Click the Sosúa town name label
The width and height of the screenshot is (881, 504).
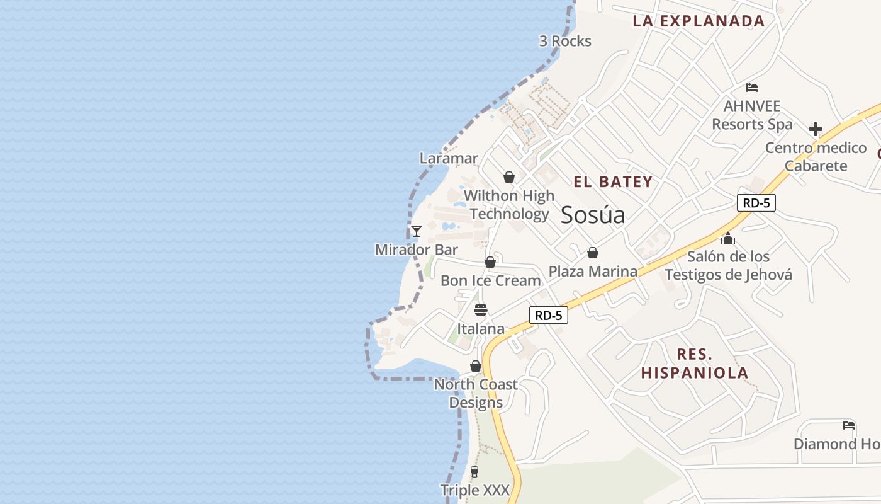[593, 215]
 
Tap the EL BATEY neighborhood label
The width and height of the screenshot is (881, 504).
[613, 182]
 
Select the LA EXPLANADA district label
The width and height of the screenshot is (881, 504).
[699, 21]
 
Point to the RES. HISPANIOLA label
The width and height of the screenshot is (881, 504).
[695, 363]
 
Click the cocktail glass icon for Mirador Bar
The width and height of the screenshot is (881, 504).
[416, 231]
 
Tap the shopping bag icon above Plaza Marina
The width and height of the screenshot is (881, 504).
[592, 253]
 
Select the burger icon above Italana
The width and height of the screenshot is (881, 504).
[481, 310]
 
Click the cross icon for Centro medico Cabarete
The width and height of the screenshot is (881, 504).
[816, 130]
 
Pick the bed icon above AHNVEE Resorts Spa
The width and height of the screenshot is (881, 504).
[752, 88]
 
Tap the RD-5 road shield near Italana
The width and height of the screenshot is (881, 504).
[549, 315]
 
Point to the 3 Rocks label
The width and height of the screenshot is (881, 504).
[565, 42]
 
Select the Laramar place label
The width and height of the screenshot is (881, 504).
[449, 158]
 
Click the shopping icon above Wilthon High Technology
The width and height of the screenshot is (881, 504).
[509, 178]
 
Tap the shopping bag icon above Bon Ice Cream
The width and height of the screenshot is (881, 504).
[490, 262]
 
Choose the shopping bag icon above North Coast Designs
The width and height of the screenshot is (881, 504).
[476, 367]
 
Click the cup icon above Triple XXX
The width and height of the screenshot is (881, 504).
[474, 472]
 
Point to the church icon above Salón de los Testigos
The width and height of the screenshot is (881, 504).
[728, 238]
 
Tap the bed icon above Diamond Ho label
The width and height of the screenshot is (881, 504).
[849, 425]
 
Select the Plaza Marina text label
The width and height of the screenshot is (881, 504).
[593, 272]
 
